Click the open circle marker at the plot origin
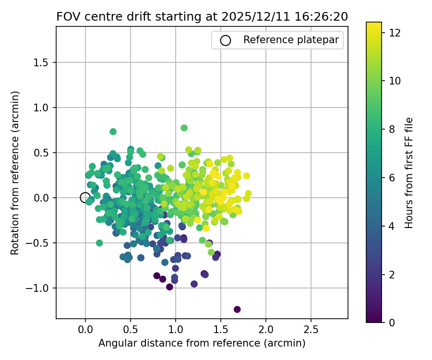point(85,197)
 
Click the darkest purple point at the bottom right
point(237,309)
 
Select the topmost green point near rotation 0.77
point(184,128)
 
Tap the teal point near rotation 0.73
point(113,132)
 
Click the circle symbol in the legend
point(226,40)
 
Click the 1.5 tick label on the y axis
point(44,62)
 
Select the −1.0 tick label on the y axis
point(42,288)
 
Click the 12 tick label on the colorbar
point(395,33)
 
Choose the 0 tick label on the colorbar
point(392,322)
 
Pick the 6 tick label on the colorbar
point(392,178)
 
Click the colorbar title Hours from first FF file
point(409,172)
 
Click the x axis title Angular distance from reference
point(202,343)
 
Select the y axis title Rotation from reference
point(15,173)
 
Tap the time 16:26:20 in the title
point(319,16)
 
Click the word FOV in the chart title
point(67,16)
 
